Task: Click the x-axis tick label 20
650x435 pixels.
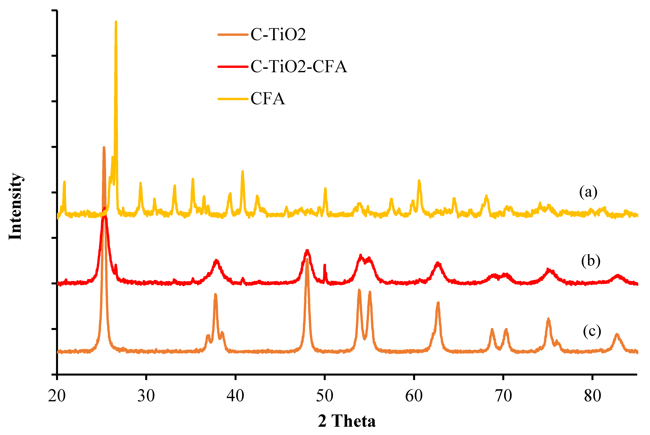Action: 57,396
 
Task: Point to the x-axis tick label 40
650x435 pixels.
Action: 235,396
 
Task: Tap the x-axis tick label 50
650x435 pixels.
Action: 325,396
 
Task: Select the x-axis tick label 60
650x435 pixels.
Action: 414,396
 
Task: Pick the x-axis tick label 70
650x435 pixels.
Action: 503,396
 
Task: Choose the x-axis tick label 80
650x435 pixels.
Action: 592,396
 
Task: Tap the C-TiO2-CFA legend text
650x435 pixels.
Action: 299,67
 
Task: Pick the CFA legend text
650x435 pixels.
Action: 268,99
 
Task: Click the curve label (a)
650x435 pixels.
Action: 588,192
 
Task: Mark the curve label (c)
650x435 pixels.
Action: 592,331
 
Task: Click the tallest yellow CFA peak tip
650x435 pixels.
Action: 116,22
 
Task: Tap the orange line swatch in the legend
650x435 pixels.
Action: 232,35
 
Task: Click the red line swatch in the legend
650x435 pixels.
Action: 232,67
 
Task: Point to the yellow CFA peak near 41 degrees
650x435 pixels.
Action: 242,172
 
